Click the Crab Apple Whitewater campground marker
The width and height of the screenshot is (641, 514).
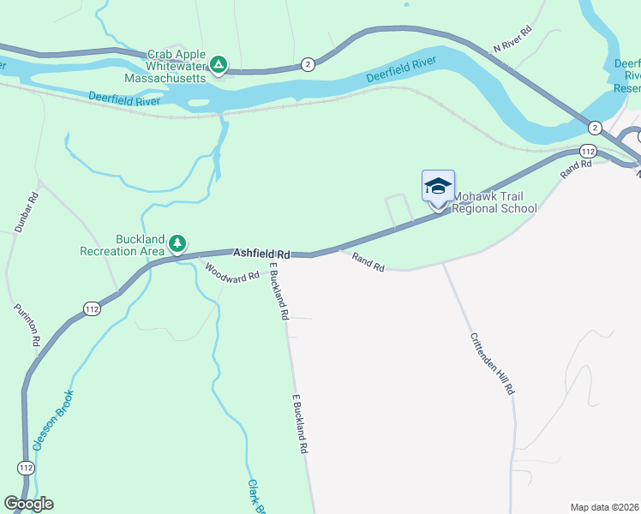coord(219,64)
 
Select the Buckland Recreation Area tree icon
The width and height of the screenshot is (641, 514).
coord(177,244)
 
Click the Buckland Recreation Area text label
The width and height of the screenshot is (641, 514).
coord(121,245)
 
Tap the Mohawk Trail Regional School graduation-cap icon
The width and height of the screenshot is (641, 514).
coord(438,187)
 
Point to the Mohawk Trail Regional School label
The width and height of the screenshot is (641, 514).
coord(494,202)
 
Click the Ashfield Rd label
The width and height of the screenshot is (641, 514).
coord(262,254)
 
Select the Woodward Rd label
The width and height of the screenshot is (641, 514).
coord(231,273)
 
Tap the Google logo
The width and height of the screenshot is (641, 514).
coord(28,504)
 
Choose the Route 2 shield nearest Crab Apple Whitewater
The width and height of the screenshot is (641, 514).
coord(308,64)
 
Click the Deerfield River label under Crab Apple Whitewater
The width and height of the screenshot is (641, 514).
coord(125,101)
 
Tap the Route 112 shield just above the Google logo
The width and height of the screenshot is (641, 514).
coord(26,468)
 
